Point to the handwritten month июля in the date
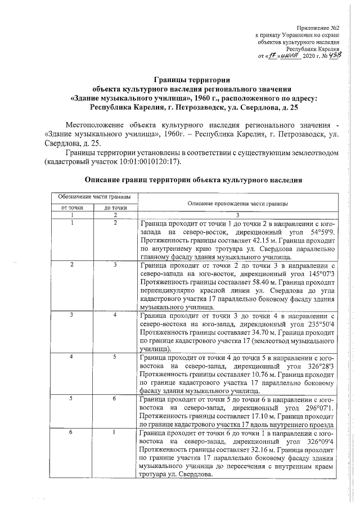(287, 56)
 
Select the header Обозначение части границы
(92, 196)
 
